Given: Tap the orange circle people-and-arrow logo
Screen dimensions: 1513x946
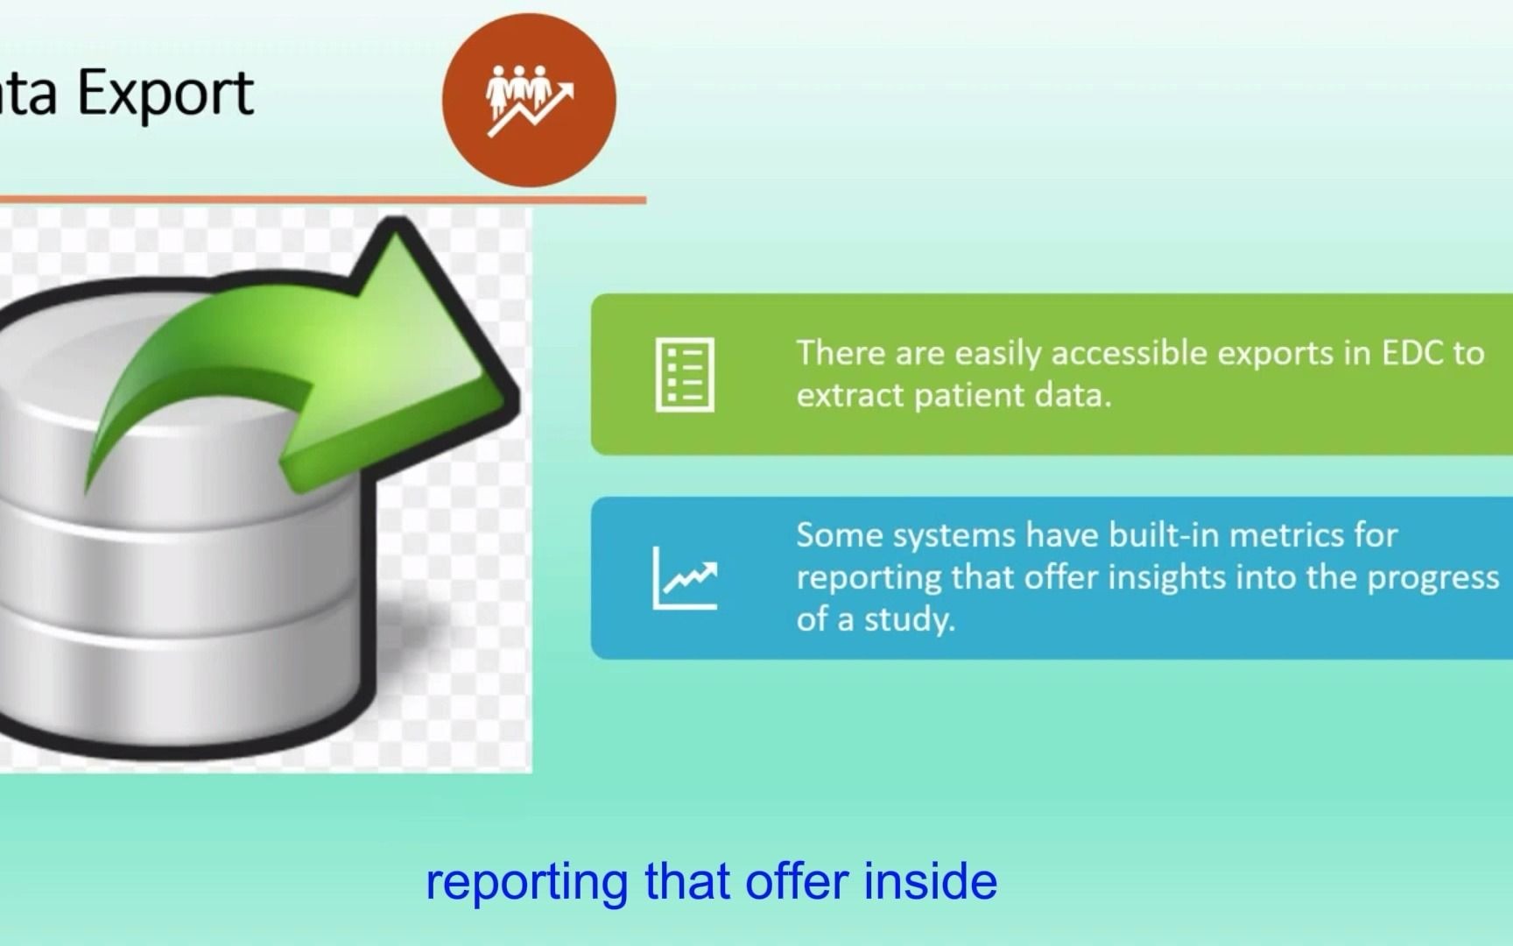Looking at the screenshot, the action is point(529,100).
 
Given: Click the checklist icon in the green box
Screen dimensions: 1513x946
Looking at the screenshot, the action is point(685,374).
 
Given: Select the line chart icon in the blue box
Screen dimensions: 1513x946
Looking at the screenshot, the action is point(685,577).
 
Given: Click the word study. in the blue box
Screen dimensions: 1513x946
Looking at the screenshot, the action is point(910,620).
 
